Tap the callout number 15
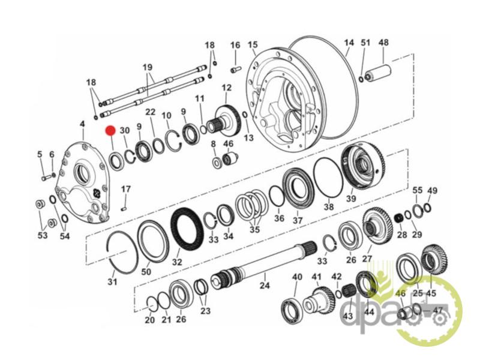253,45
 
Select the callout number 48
383,43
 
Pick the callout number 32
176,262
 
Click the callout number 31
112,281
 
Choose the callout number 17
125,190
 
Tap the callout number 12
226,88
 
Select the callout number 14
349,43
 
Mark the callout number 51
366,43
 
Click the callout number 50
146,271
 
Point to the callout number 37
298,220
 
